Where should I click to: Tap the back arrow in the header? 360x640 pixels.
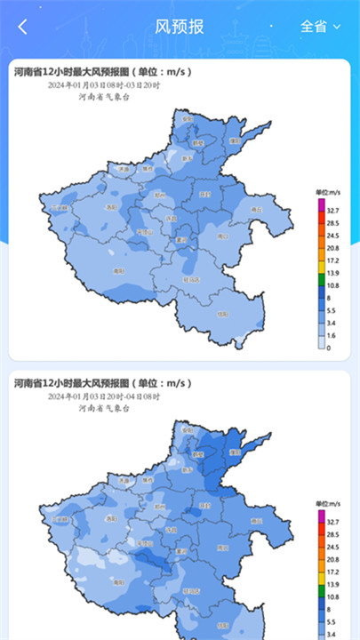23,27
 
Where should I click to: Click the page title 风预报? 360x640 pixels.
180,26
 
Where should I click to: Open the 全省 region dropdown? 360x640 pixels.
321,26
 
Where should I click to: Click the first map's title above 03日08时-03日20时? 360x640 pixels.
102,71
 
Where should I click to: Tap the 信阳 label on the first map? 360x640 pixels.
223,314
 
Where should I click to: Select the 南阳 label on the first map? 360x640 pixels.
118,269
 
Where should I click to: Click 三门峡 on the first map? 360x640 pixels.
59,206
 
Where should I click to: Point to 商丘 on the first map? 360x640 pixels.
258,209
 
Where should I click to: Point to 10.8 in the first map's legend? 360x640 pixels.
332,286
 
